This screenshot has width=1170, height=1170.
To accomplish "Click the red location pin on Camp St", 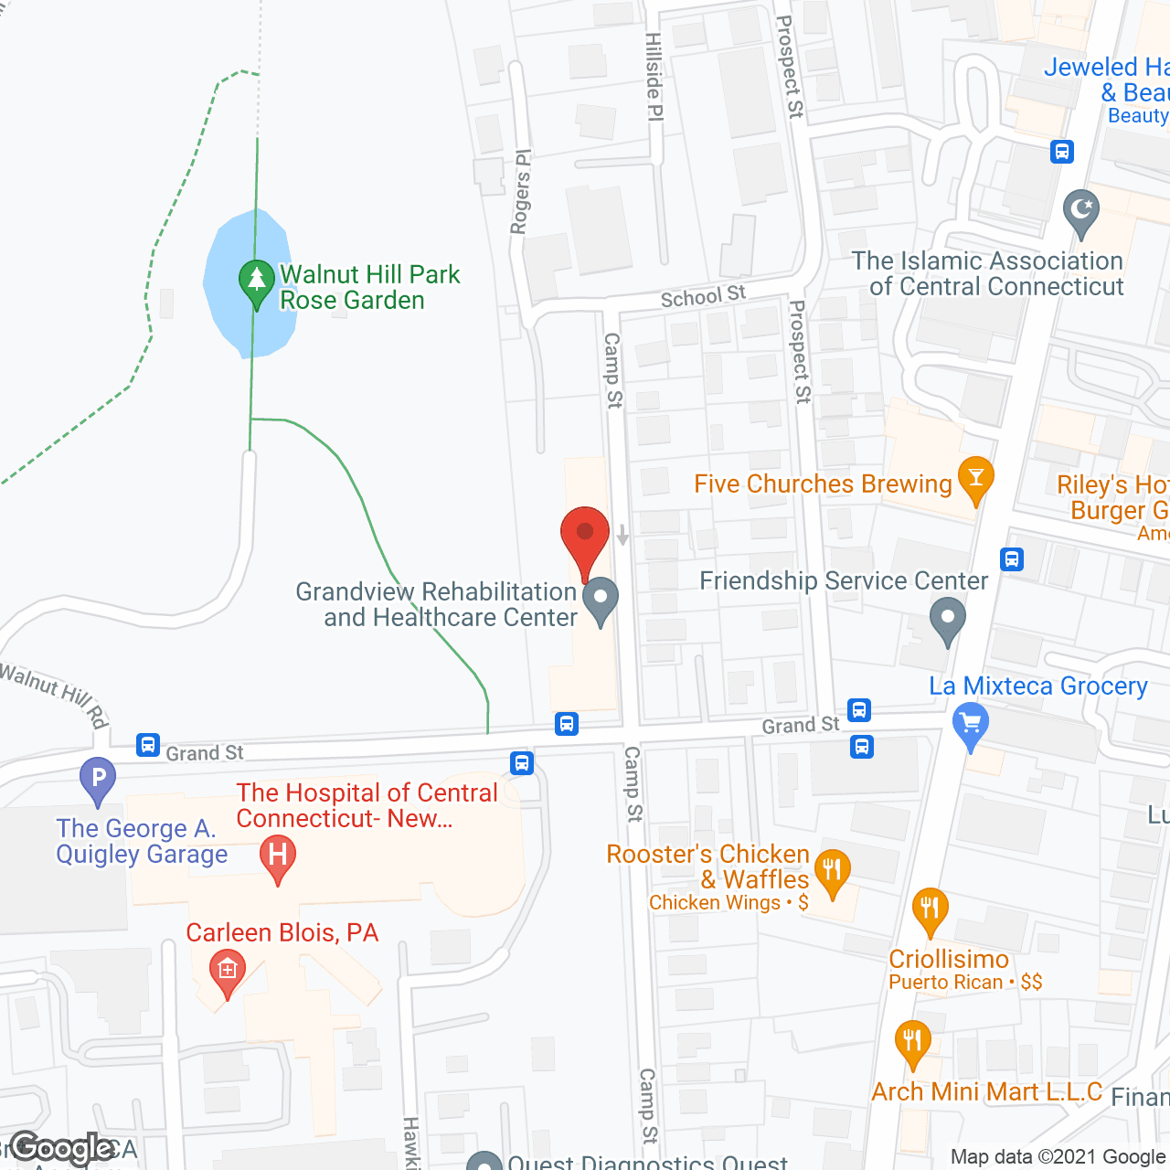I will (x=585, y=535).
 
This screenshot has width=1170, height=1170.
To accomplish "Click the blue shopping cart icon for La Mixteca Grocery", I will (x=971, y=724).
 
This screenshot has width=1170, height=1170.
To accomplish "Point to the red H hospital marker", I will (x=278, y=856).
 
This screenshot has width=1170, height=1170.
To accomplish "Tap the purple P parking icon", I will (x=98, y=779).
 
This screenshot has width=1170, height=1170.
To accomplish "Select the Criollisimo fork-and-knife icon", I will (x=930, y=909).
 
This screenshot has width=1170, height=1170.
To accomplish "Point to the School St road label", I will (x=703, y=296).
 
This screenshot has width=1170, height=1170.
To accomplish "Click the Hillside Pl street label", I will (x=654, y=77).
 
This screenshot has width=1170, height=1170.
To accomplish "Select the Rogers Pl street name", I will (x=520, y=192).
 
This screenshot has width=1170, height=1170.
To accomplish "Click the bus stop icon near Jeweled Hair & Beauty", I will (x=1061, y=151).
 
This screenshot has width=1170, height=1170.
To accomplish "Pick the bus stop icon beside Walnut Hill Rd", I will (x=148, y=745).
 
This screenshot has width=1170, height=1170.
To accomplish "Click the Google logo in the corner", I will (x=62, y=1148).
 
